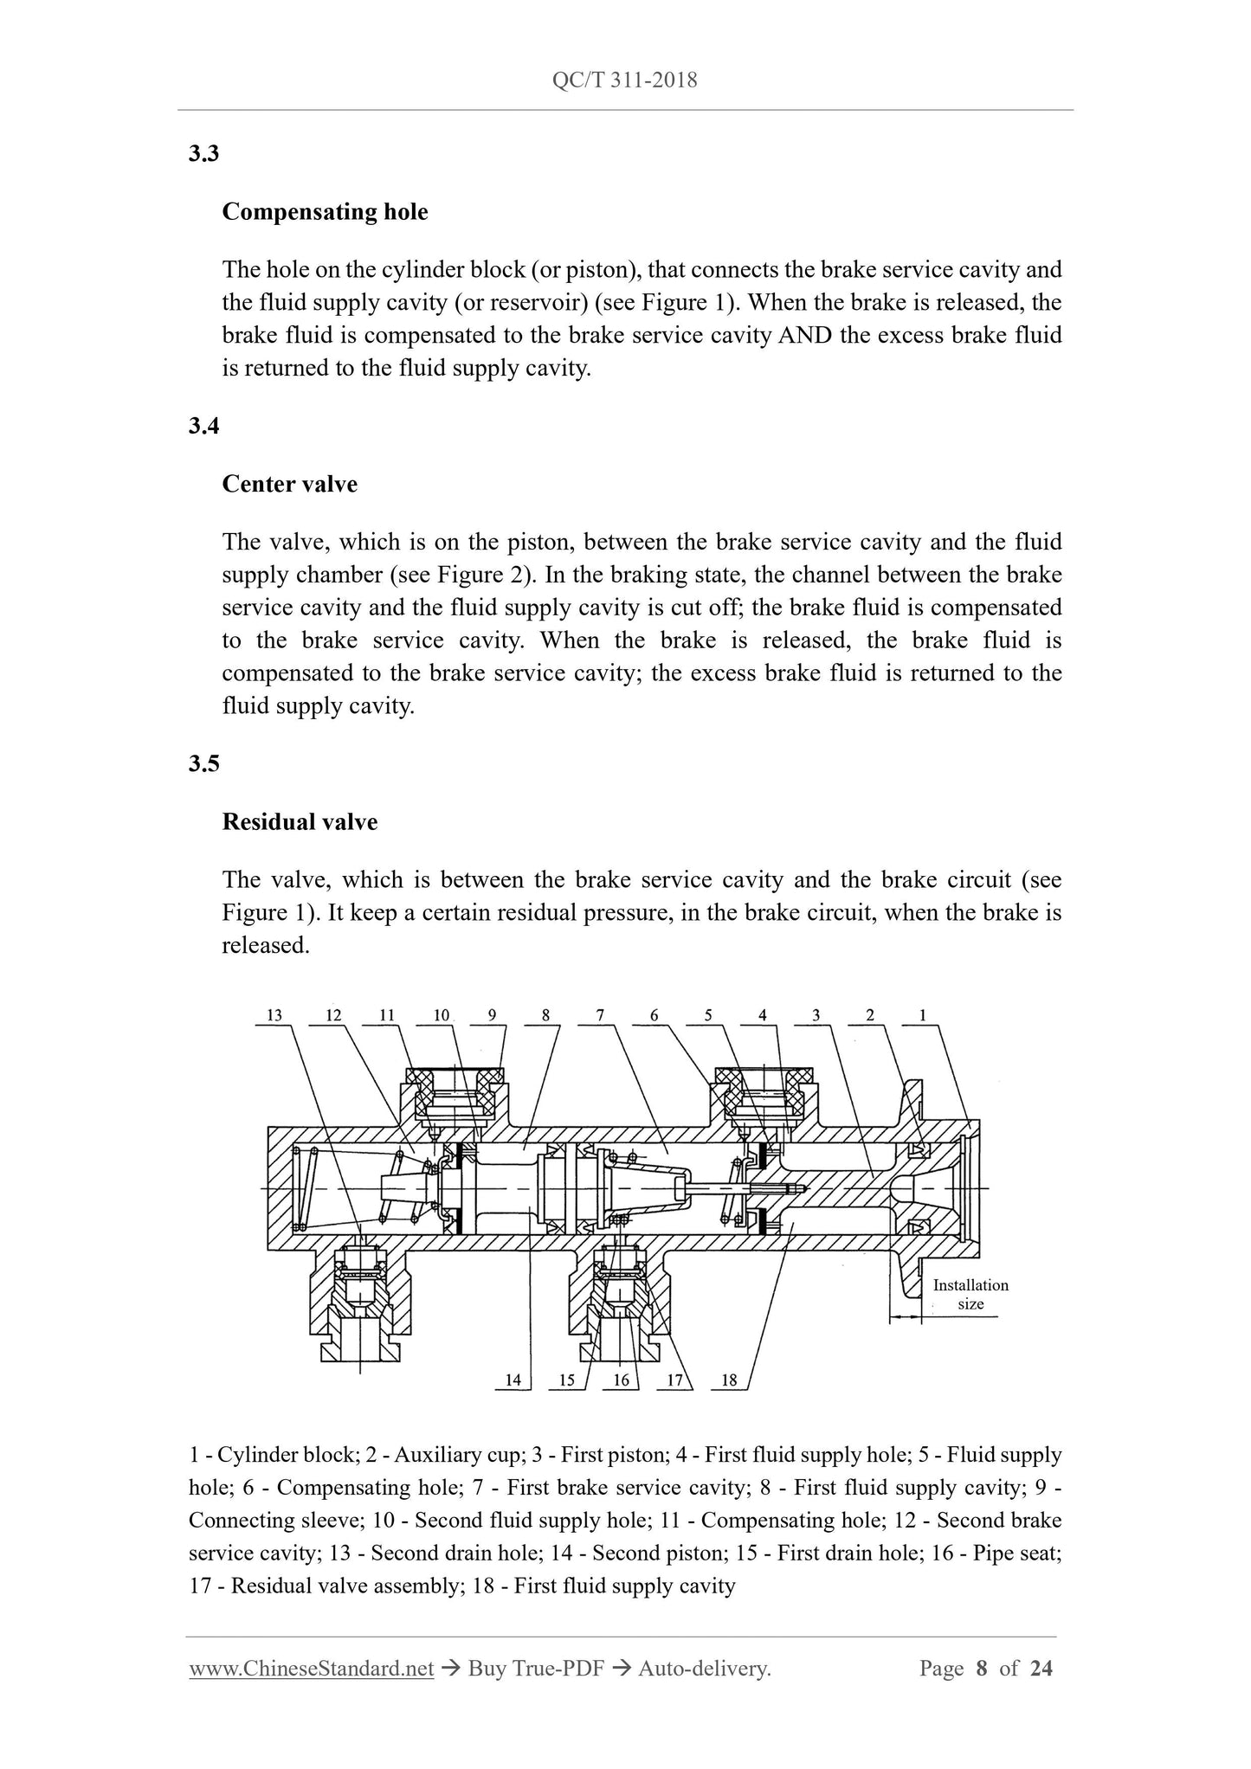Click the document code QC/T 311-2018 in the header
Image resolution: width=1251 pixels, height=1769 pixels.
[624, 80]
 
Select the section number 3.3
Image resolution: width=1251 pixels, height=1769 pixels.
[203, 154]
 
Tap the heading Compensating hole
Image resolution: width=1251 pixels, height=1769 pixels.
[325, 212]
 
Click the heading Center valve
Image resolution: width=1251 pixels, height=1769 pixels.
[289, 484]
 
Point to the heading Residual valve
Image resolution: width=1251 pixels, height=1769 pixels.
[300, 821]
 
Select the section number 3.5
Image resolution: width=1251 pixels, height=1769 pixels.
[203, 763]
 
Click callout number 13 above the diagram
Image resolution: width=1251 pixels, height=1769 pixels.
[274, 1016]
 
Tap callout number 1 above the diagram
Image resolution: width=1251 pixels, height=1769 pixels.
[923, 1016]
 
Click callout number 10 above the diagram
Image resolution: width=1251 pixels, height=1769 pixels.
[442, 1016]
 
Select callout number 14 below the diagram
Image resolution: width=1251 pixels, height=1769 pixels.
[513, 1380]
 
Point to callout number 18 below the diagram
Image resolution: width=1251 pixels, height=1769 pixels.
[729, 1380]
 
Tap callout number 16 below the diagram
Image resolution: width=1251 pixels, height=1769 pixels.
[621, 1380]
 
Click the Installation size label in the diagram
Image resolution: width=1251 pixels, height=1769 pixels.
[970, 1295]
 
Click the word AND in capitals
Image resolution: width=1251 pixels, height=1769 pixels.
[805, 336]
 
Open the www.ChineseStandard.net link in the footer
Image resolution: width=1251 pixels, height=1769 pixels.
[311, 1669]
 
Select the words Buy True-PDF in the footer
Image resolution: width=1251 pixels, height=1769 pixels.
[535, 1669]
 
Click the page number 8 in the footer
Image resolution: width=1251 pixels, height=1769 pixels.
[982, 1669]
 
